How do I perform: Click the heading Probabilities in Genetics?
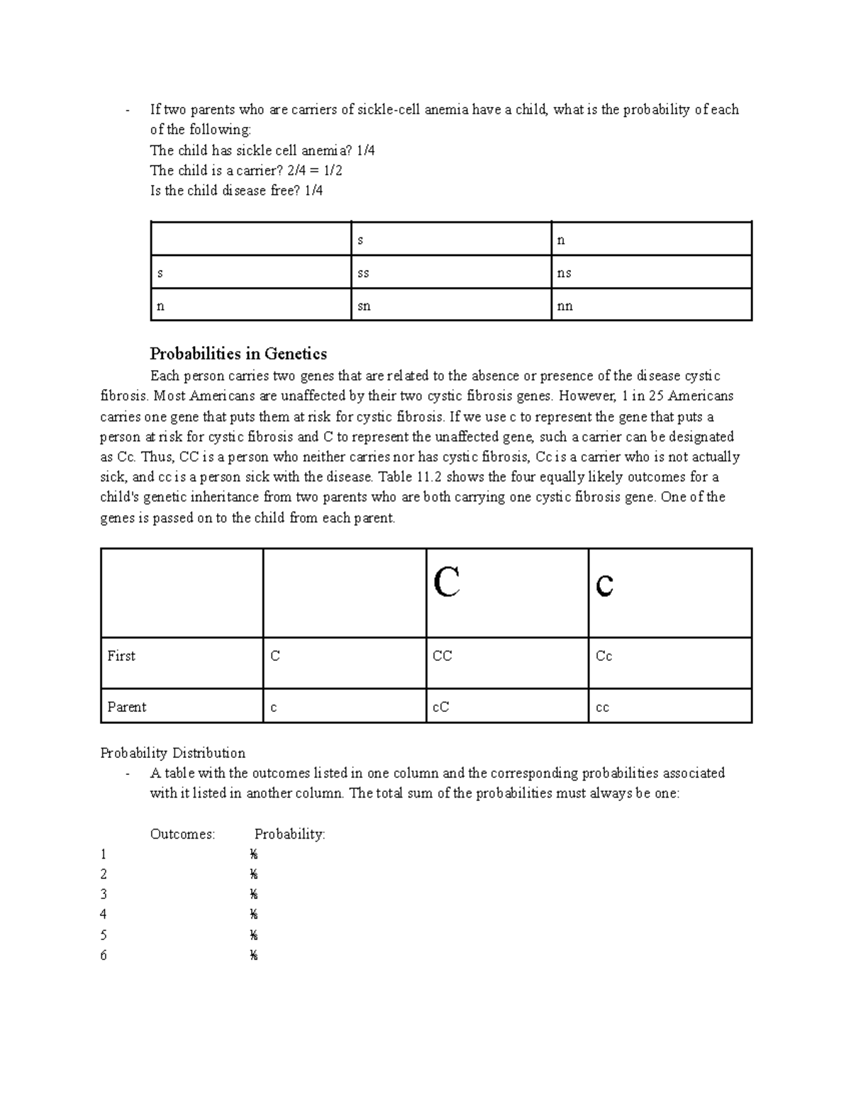pyautogui.click(x=238, y=353)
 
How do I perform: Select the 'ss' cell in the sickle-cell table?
pyautogui.click(x=363, y=273)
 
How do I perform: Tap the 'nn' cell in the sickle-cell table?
pyautogui.click(x=564, y=306)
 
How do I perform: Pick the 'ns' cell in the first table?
pyautogui.click(x=564, y=273)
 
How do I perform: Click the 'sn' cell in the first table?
pyautogui.click(x=364, y=306)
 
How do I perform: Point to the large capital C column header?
pyautogui.click(x=446, y=583)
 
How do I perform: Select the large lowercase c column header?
pyautogui.click(x=604, y=583)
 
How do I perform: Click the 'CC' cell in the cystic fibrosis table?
pyautogui.click(x=442, y=656)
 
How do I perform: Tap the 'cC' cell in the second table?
pyautogui.click(x=440, y=707)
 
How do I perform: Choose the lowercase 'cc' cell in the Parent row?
pyautogui.click(x=602, y=708)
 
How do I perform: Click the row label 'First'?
pyautogui.click(x=121, y=656)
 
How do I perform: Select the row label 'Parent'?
pyautogui.click(x=127, y=707)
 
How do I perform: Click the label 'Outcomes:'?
pyautogui.click(x=182, y=834)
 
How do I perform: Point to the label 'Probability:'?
pyautogui.click(x=289, y=834)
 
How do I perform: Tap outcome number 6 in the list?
pyautogui.click(x=104, y=956)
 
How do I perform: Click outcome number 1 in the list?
pyautogui.click(x=104, y=854)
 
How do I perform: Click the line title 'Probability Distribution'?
pyautogui.click(x=172, y=753)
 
